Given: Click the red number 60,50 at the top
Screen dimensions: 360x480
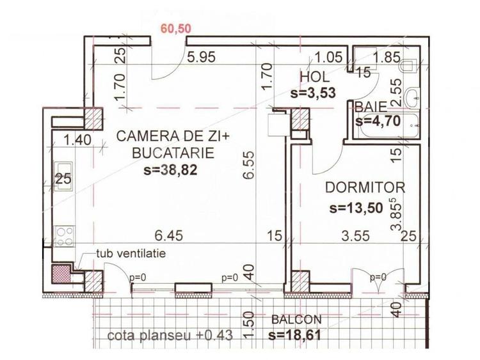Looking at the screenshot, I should tap(179, 29).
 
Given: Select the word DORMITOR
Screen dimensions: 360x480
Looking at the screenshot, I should tap(365, 188).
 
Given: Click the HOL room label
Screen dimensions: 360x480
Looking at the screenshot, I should tap(315, 77).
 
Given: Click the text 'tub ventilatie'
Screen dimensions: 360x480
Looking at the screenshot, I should tap(131, 253).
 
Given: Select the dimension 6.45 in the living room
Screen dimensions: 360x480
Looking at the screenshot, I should tap(170, 235).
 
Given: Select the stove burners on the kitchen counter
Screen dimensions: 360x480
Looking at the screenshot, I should tap(64, 236).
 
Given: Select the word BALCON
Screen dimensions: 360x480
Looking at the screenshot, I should tap(296, 320).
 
